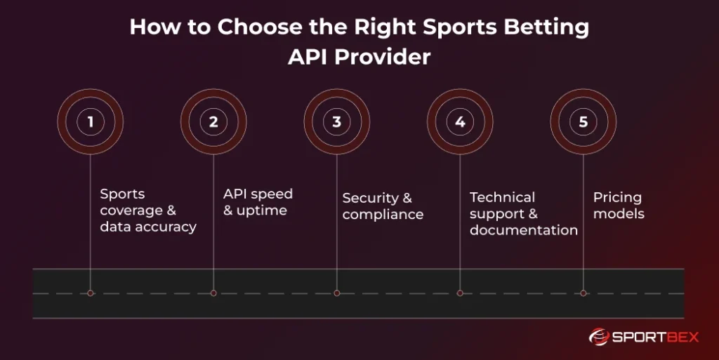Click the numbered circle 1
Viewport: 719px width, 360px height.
(x=90, y=121)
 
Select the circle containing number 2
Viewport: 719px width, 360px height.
(x=213, y=121)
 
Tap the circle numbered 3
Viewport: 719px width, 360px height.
(x=336, y=121)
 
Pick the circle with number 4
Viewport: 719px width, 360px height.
(x=460, y=121)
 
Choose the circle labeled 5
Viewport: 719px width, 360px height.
(x=583, y=121)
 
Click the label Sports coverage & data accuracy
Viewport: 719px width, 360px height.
(x=147, y=210)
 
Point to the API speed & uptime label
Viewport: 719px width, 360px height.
(x=258, y=201)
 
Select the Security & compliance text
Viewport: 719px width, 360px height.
(x=383, y=206)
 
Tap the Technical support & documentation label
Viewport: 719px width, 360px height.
(x=523, y=213)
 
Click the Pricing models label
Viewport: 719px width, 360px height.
(x=619, y=206)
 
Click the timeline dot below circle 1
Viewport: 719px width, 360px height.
(x=90, y=293)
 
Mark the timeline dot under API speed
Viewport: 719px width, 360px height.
(x=213, y=293)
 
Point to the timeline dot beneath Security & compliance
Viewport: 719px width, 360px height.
(x=336, y=293)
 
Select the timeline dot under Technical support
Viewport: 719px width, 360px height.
(x=460, y=293)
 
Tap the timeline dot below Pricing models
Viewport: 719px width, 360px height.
(x=583, y=293)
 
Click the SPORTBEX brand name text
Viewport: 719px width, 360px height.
(x=654, y=338)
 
